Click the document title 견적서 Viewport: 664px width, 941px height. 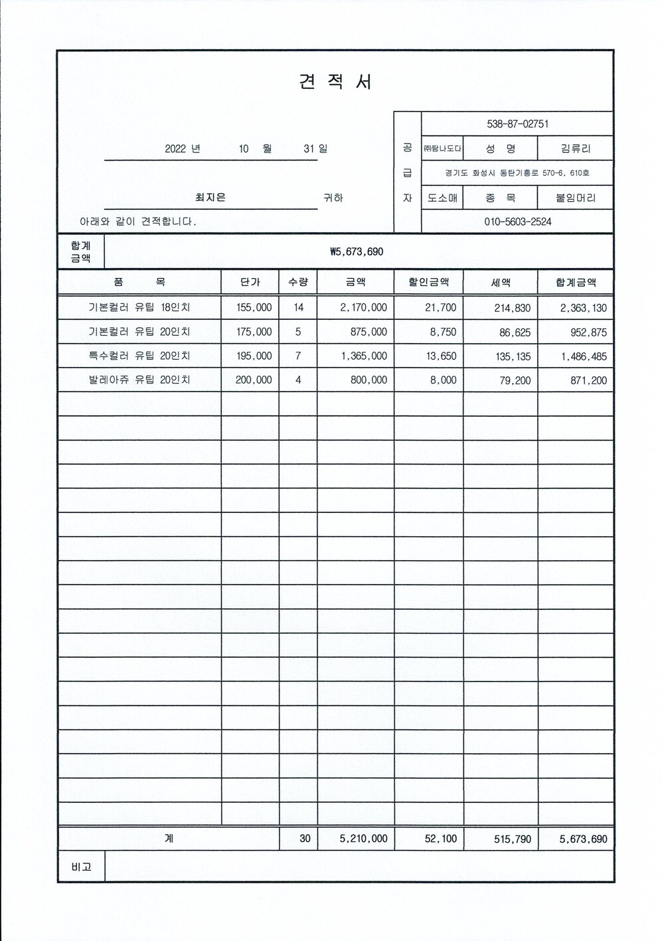coord(335,82)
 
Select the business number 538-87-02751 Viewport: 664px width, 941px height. coord(517,124)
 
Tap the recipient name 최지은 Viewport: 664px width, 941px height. coord(210,197)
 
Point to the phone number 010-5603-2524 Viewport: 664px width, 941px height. coord(517,222)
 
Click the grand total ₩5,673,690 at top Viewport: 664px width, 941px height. coord(357,252)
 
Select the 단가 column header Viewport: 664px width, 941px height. coord(250,282)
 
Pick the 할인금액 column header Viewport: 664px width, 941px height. coord(429,282)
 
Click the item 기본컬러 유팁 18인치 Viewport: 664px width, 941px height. coord(139,307)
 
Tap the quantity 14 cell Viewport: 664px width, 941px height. coord(298,307)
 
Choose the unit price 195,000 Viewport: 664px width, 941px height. coord(254,356)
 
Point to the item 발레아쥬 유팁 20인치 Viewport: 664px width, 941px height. coord(139,380)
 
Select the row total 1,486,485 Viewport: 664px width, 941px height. coord(584,356)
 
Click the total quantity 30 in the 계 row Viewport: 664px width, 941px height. coord(305,838)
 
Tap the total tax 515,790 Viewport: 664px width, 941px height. coord(513,839)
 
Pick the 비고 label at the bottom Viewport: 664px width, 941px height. coord(81,867)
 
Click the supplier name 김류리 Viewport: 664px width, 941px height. coord(576,149)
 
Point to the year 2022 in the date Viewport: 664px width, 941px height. coord(175,149)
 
